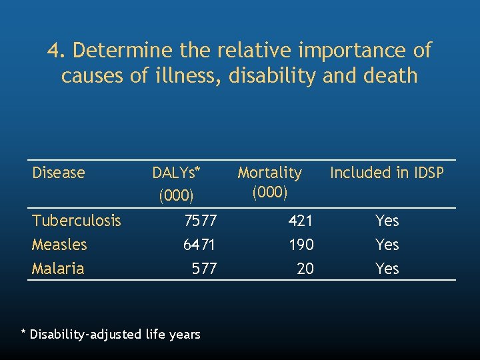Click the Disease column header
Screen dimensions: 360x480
(x=59, y=173)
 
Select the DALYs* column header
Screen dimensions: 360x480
(x=176, y=173)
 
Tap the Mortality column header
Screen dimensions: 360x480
(x=269, y=173)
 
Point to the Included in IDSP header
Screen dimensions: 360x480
(x=387, y=173)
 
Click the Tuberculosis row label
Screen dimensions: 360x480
(x=77, y=221)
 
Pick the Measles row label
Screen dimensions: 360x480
(x=59, y=245)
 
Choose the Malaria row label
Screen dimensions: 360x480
(x=58, y=269)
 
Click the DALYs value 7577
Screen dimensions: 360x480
(x=200, y=221)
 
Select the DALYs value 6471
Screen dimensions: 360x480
(x=200, y=245)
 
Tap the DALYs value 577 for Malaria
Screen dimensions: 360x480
(x=204, y=269)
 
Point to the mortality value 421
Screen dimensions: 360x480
(x=301, y=221)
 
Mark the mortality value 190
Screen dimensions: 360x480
(x=301, y=245)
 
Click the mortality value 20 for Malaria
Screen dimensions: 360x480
(x=305, y=269)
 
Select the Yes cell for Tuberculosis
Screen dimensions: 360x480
(x=387, y=221)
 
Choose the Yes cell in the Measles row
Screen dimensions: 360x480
(x=387, y=245)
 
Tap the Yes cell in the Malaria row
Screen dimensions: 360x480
(x=387, y=269)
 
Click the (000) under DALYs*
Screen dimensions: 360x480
(x=176, y=196)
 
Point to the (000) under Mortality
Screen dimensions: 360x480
(x=269, y=193)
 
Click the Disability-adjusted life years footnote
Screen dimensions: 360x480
(x=111, y=334)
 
